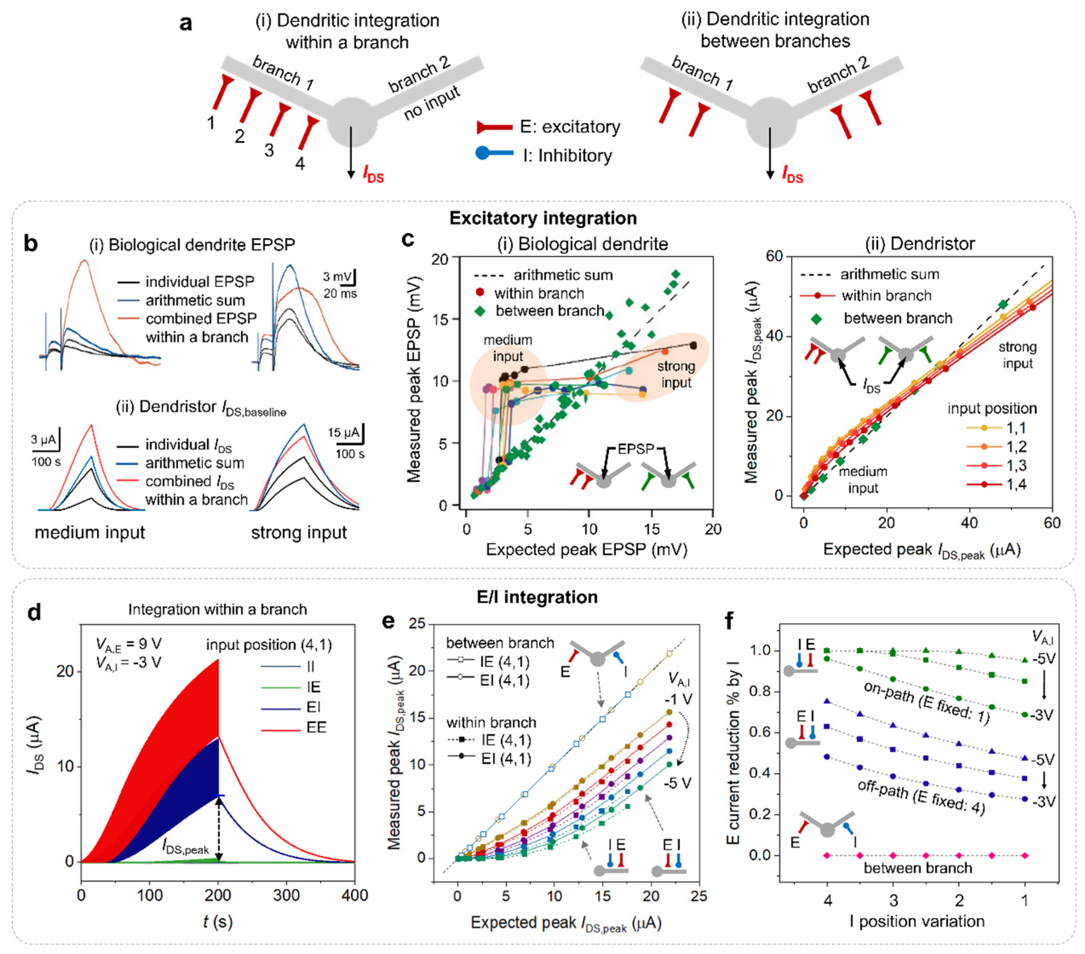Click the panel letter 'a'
coord(185,23)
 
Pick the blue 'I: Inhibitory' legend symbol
coord(494,154)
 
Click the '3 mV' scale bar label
coord(336,276)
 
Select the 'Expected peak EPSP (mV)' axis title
coord(586,549)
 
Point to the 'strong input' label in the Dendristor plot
coord(1017,355)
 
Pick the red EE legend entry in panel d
coord(316,727)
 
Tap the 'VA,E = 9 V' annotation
coord(129,644)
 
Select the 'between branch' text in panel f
coord(918,868)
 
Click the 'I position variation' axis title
coord(917,921)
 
